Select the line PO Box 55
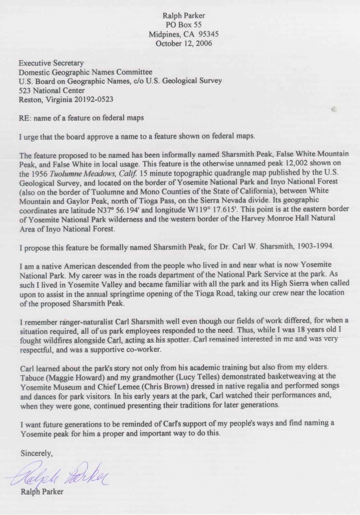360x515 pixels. (x=184, y=25)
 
